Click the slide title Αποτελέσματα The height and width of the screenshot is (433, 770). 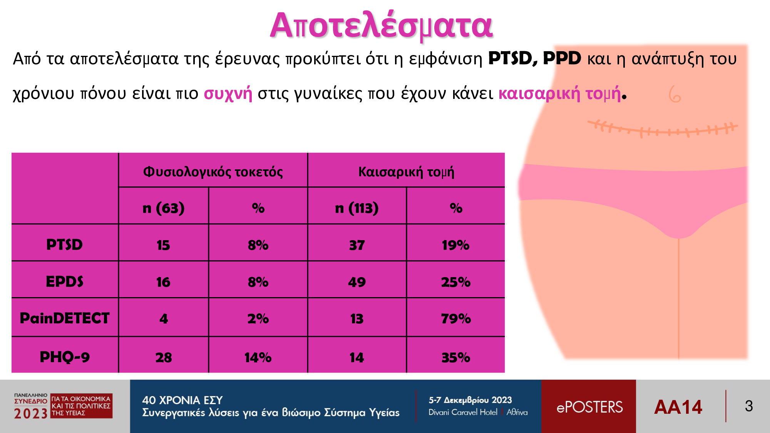coord(381,26)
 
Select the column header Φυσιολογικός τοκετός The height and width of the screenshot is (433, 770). coord(213,172)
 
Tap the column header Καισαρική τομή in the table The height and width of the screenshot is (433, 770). coord(406,172)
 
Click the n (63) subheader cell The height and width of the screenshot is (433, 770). coord(163,208)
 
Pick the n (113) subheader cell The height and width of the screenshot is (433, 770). coord(357,208)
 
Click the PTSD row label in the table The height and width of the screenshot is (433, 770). coord(64,245)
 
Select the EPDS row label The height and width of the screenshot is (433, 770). coord(64,282)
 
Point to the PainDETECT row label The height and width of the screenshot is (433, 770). coord(64,318)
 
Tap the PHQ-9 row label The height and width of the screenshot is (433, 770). coord(64,357)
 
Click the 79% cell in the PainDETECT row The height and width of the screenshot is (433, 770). coord(456,319)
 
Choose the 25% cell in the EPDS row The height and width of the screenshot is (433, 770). coord(456,282)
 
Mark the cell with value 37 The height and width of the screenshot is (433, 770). coord(357,245)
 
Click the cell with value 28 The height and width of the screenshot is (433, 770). coord(164,358)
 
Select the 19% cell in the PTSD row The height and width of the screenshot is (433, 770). coord(456,245)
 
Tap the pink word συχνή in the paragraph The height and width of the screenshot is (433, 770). coord(228,94)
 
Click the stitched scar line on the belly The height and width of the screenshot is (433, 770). coord(663,129)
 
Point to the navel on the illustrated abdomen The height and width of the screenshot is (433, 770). coord(675,94)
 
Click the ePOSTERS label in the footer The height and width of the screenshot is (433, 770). coord(589,407)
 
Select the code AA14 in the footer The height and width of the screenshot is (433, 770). coord(678,407)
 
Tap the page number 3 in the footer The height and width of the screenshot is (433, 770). coord(749,406)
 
